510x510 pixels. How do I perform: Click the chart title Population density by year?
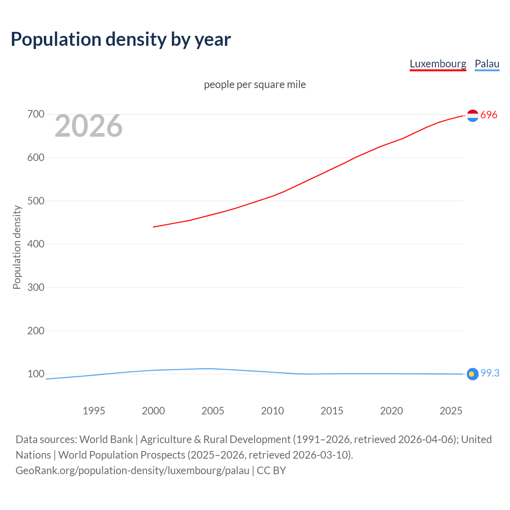121,39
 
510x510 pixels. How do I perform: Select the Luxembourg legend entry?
437,64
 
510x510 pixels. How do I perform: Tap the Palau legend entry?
487,64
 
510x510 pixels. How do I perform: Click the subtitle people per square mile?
255,84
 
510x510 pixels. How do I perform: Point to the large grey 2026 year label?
88,126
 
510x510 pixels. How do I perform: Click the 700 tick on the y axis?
35,114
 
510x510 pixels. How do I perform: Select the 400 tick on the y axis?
35,244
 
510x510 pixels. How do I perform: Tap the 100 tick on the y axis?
35,374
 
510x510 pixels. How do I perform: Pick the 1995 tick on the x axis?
94,411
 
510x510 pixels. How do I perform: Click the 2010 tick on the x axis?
273,411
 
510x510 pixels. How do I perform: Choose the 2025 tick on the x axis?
451,411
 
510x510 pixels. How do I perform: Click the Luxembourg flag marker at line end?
473,116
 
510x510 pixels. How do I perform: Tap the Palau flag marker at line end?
472,374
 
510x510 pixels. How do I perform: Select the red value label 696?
489,115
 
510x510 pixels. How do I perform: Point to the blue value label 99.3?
490,373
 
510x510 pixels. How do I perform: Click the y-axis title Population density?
17,247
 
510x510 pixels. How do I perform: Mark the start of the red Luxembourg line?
154,227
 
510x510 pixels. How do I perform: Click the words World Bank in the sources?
106,439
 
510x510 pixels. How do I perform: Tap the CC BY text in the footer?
271,470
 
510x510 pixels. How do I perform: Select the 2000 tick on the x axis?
153,411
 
